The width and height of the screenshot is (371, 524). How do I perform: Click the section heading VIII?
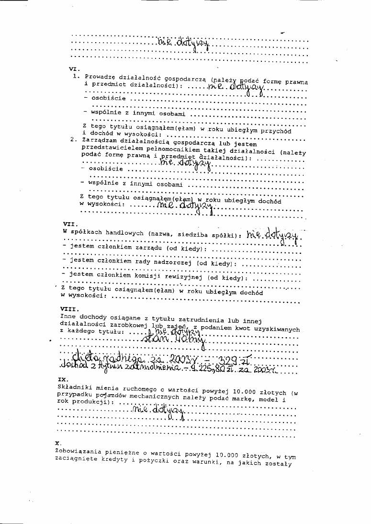[x=68, y=309]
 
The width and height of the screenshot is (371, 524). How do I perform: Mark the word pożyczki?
[x=148, y=460]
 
